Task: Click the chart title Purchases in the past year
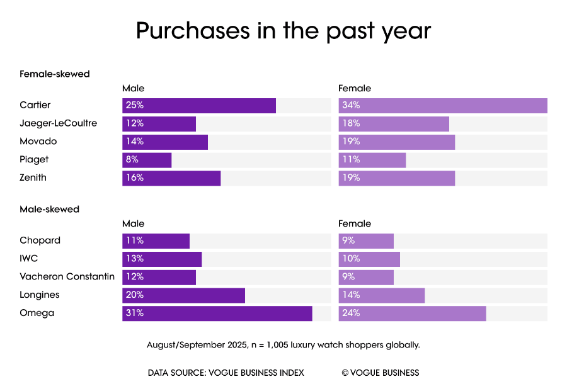(283, 30)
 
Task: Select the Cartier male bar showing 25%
(199, 106)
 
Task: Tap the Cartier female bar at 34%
(442, 106)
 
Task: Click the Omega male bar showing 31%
(217, 313)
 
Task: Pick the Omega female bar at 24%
(412, 313)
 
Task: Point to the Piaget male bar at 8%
(147, 161)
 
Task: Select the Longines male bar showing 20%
(183, 295)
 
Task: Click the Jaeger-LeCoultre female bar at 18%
(394, 124)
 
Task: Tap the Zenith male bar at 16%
(171, 178)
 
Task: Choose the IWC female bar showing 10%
(369, 259)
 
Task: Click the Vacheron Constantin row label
(67, 276)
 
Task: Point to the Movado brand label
(38, 142)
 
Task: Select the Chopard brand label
(40, 240)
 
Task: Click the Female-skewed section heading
(55, 74)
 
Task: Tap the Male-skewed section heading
(50, 209)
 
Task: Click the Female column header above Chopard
(355, 223)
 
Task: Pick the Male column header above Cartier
(133, 89)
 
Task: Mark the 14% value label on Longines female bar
(351, 295)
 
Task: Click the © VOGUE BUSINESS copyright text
(381, 373)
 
